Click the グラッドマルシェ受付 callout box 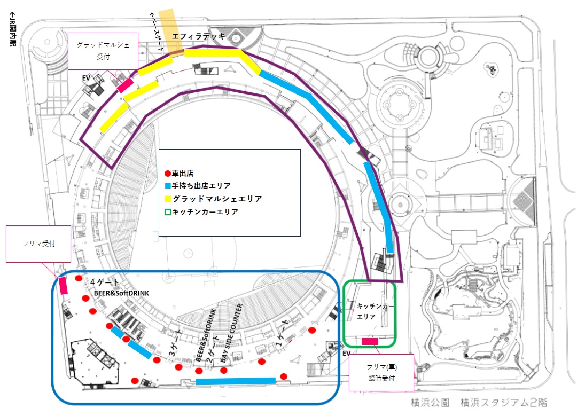pos(103,51)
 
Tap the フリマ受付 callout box pos(38,244)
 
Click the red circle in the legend pos(167,174)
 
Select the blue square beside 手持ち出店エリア pos(167,186)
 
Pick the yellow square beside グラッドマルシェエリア pos(167,199)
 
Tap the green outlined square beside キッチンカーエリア pos(167,211)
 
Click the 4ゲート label pos(104,281)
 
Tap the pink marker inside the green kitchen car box pos(370,341)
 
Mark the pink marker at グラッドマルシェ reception pos(125,85)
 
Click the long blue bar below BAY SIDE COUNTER pos(236,381)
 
